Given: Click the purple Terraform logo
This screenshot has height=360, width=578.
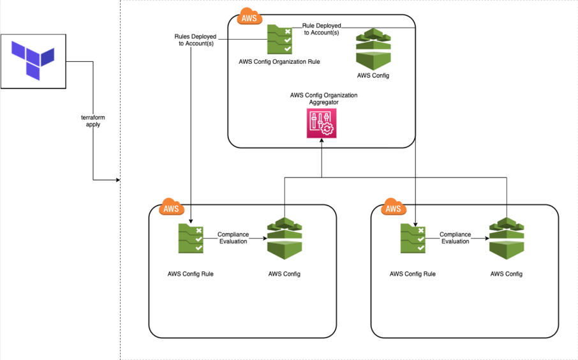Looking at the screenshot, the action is coord(33,61).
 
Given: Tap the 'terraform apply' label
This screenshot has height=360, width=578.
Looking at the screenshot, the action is coord(93,121).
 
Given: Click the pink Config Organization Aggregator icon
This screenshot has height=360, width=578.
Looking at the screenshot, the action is coord(322,123).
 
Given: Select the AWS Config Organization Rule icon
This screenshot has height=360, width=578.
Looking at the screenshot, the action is coord(279,39).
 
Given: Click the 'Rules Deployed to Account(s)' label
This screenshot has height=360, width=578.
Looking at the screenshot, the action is coord(195,40).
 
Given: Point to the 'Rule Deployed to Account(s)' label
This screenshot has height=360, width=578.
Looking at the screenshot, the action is coord(322,29).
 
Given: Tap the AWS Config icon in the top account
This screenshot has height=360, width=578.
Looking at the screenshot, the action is coord(373,49).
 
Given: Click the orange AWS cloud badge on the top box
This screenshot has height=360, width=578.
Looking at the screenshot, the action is coord(249,17).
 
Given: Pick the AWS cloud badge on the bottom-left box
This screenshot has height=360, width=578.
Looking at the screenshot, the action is coord(172,207).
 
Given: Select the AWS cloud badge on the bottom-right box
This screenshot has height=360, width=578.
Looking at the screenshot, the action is coord(394,207).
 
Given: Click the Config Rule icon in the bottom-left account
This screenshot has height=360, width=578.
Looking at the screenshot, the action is coord(191,238).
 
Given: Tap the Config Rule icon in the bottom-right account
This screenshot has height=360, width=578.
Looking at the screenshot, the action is coord(413,238).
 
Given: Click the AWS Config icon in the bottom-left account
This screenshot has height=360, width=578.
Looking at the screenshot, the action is coord(285,239).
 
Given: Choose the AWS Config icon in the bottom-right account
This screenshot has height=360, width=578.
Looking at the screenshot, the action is coord(507,239).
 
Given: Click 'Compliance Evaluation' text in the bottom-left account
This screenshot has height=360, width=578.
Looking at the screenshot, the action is coord(233,238).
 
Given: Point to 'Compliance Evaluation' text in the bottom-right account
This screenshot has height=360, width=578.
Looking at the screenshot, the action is coord(456,238).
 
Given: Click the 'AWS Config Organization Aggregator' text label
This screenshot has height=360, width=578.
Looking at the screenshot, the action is coord(323,98).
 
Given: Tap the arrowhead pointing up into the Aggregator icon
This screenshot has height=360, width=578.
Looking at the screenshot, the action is coord(322,140).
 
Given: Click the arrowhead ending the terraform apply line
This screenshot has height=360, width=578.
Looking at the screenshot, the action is coord(118,180).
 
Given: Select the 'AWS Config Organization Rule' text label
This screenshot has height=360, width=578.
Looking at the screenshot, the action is coord(279,62).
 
